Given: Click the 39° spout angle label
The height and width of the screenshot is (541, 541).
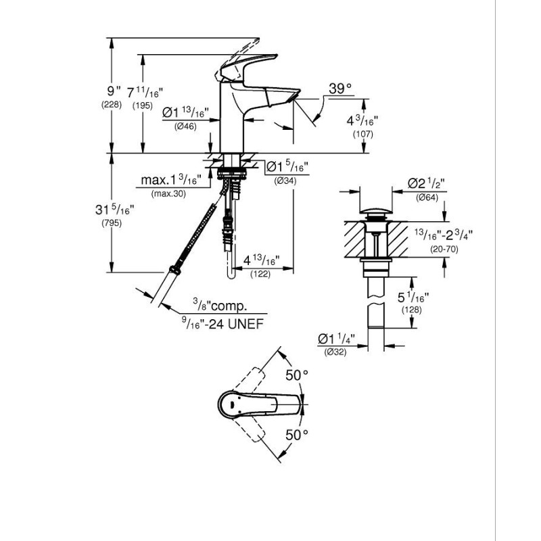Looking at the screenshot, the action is [x=340, y=89].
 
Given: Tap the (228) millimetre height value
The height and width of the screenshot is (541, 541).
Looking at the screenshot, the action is [x=112, y=105].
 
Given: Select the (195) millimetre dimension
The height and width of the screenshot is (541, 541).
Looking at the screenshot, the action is [x=143, y=106].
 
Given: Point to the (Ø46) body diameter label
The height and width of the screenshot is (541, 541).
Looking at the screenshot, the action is [x=185, y=126].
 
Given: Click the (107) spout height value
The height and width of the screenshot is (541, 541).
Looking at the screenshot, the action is [x=363, y=134].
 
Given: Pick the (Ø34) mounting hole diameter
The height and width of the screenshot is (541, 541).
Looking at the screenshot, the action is [x=285, y=181].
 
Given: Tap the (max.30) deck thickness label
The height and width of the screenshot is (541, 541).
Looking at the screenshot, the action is [x=168, y=194].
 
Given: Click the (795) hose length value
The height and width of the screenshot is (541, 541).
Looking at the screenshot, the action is [x=112, y=223].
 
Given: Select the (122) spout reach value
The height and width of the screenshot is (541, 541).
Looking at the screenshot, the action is [x=260, y=275].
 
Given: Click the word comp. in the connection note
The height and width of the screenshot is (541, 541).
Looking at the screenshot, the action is [x=229, y=306].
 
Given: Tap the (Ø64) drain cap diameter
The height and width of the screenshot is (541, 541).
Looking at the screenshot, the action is [x=427, y=197].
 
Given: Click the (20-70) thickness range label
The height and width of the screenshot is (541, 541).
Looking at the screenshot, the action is [x=444, y=249].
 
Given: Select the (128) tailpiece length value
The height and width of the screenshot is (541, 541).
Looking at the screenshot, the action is [x=412, y=310].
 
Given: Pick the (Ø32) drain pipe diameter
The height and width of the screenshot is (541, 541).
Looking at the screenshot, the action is [x=335, y=352].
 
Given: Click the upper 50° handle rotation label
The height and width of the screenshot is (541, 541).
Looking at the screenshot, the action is [x=297, y=375].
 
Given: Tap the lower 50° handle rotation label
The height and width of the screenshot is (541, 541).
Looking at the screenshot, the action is [x=297, y=435].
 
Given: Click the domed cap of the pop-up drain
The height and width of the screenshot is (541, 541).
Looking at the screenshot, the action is [x=376, y=210].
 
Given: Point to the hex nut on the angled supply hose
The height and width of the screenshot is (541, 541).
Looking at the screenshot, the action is [x=175, y=270].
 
